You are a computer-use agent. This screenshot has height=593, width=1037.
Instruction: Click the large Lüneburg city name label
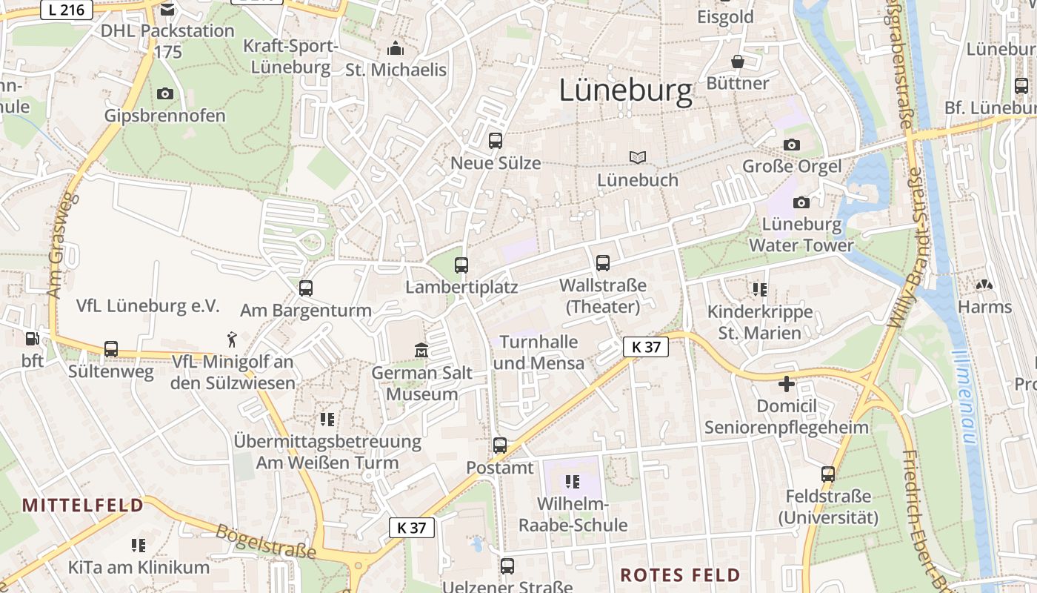625,90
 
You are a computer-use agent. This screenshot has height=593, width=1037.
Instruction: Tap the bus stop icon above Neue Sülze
496,140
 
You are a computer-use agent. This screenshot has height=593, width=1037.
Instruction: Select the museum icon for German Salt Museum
421,350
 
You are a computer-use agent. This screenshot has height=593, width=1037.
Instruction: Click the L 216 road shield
66,10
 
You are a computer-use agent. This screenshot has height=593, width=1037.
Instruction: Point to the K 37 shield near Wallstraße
645,346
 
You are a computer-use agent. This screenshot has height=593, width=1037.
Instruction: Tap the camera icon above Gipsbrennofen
164,93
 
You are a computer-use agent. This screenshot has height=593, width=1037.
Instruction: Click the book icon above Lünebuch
638,157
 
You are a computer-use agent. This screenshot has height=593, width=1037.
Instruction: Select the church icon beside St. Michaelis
396,49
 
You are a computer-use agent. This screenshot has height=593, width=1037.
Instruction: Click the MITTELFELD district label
83,506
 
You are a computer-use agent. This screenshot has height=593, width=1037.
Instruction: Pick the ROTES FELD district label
680,575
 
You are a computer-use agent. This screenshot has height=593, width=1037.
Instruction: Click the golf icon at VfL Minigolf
233,339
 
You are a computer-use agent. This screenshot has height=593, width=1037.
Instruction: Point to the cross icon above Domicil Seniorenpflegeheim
786,384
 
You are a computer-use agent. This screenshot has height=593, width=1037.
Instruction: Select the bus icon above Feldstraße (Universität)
828,474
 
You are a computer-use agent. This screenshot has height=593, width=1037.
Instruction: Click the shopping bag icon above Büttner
737,61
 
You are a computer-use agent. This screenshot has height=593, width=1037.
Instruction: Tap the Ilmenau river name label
965,397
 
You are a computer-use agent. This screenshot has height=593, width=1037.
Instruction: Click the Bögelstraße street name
266,542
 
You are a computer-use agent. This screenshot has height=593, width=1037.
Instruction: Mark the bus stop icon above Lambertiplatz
461,265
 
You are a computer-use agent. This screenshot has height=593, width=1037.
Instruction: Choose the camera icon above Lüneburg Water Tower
801,202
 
